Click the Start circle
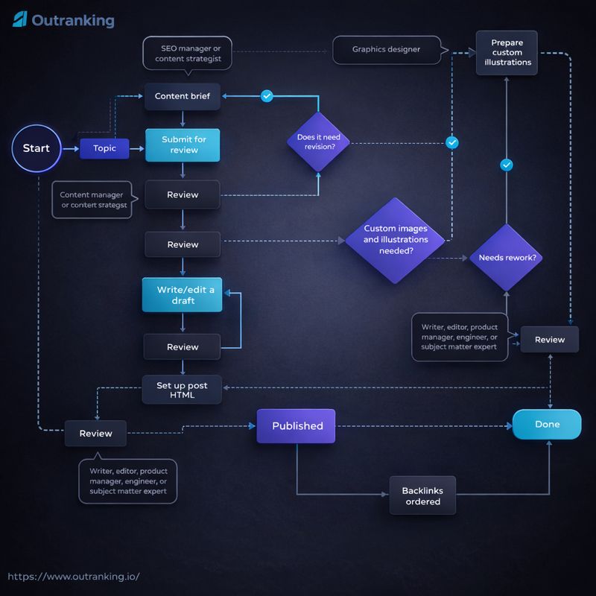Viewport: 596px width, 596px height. [36, 148]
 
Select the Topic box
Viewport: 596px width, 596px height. [104, 148]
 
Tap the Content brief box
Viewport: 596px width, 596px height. [183, 96]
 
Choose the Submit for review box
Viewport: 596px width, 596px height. [183, 145]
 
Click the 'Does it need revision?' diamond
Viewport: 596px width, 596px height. [320, 142]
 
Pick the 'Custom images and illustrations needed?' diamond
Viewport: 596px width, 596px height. [396, 240]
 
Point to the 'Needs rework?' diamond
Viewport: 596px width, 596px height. [506, 258]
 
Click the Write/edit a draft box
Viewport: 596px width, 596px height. [183, 294]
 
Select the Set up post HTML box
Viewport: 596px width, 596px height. [183, 390]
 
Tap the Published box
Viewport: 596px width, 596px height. [297, 426]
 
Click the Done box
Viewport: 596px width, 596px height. [547, 425]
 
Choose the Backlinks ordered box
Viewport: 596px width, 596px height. [421, 496]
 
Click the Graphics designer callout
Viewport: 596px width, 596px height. [386, 50]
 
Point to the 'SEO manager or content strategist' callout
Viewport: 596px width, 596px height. [186, 53]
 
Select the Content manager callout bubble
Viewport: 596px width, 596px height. [92, 200]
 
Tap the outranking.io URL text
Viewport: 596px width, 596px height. [73, 577]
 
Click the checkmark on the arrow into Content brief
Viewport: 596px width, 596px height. [267, 96]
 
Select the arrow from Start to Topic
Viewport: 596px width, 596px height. [70, 149]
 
